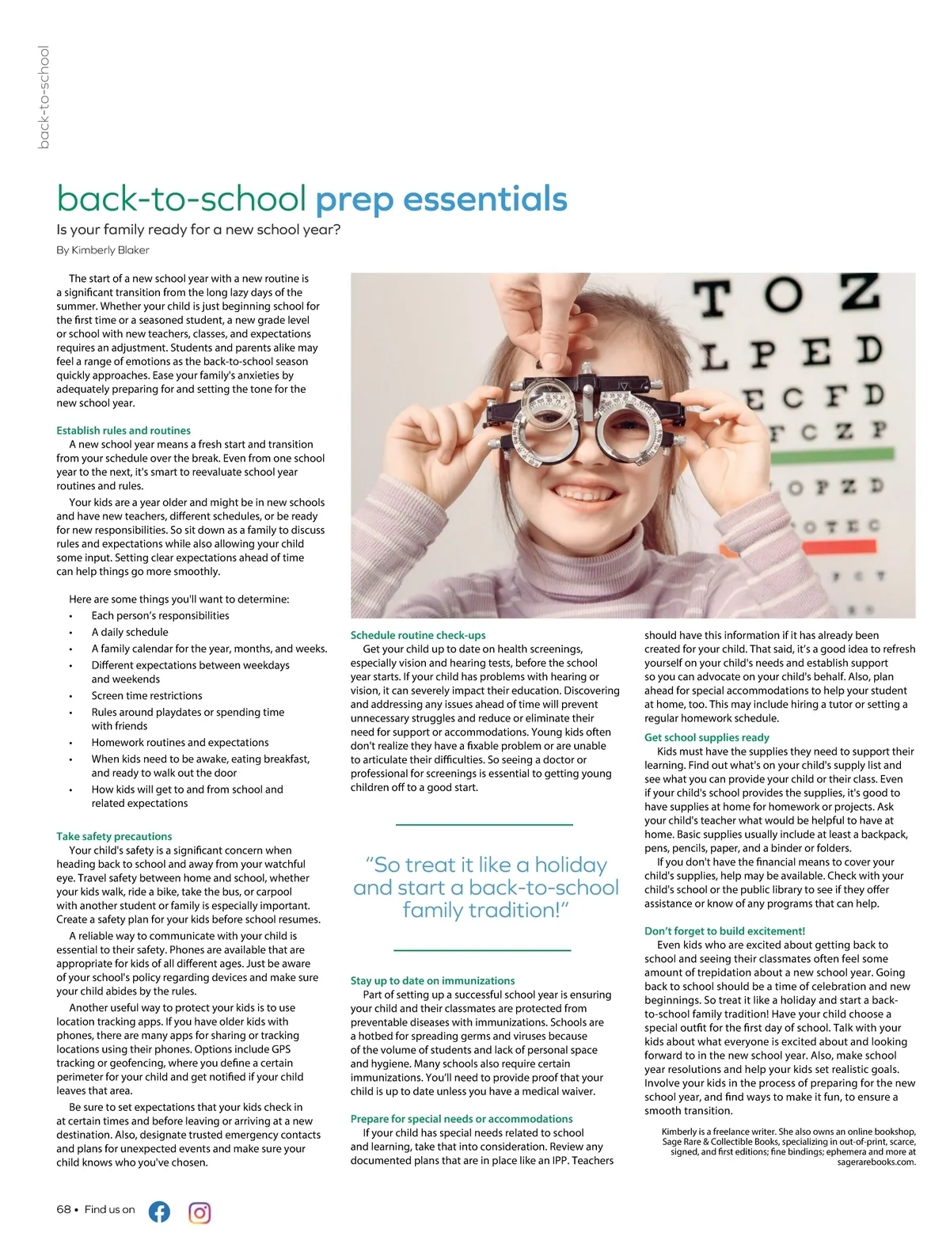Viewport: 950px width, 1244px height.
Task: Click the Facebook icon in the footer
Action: pyautogui.click(x=159, y=1212)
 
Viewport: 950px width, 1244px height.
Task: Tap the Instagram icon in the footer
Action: pyautogui.click(x=199, y=1212)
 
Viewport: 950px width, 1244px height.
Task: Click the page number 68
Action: pyautogui.click(x=63, y=1209)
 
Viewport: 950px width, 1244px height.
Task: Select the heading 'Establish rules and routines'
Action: pyautogui.click(x=123, y=431)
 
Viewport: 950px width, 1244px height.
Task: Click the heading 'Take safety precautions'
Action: pyautogui.click(x=114, y=836)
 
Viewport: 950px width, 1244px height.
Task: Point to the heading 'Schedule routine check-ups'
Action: pyautogui.click(x=418, y=635)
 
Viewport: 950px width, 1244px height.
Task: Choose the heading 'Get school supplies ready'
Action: pyautogui.click(x=706, y=737)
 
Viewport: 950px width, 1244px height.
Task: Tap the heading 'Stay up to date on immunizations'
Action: pyautogui.click(x=432, y=980)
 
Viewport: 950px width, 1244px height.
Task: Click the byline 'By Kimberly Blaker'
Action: pyautogui.click(x=103, y=250)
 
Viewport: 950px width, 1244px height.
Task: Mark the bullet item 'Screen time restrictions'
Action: pyautogui.click(x=146, y=695)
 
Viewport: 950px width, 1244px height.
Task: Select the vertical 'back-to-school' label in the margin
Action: pyautogui.click(x=44, y=97)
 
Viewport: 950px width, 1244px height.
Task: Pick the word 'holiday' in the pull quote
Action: pyautogui.click(x=571, y=865)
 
